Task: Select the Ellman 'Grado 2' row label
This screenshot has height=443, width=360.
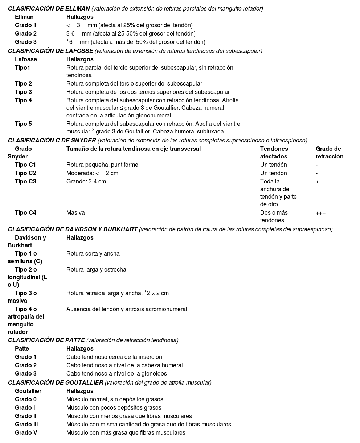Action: [25, 33]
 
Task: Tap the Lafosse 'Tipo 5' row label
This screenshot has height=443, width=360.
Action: [23, 124]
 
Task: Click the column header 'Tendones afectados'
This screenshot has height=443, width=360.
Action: [274, 153]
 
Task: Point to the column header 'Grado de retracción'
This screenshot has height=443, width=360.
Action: [329, 153]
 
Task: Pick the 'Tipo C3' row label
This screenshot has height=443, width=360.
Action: [25, 181]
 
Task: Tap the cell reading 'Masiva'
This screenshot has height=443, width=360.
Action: [75, 212]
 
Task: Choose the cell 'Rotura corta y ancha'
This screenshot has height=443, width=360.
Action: [93, 253]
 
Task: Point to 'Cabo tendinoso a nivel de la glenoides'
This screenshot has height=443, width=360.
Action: [116, 373]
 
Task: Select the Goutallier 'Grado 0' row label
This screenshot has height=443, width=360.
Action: [25, 399]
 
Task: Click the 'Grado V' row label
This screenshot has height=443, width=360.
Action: [26, 432]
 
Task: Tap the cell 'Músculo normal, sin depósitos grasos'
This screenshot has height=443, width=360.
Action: [115, 399]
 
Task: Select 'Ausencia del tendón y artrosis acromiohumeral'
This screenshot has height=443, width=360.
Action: [127, 309]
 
